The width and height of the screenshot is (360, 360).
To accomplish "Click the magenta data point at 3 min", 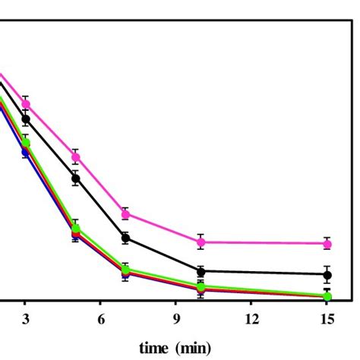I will pos(26,103).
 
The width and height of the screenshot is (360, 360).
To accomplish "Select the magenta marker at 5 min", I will pos(76,157).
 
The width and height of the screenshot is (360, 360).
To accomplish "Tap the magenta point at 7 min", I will pos(126,213).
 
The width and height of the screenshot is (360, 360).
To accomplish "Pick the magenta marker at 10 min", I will pos(201,242).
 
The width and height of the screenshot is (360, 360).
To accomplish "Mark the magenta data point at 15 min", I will pos(327,243).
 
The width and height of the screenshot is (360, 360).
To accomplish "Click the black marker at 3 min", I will pos(26,119).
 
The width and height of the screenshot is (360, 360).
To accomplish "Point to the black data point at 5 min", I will pos(76,178).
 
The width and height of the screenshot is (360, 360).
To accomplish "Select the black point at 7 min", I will pos(126,238).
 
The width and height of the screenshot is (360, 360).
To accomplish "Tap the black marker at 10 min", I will pos(201,271).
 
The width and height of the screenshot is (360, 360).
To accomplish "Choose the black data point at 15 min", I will pos(327,274).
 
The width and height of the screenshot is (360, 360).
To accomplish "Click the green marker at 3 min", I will pos(26,143).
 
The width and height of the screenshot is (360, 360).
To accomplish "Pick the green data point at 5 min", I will pos(76,228).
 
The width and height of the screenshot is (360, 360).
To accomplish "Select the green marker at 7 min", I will pos(126,269).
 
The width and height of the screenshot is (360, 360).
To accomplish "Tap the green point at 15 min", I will pos(327,295).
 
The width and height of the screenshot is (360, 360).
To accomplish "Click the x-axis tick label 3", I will pos(26,320).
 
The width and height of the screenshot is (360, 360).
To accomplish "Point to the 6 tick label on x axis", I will pos(101,320).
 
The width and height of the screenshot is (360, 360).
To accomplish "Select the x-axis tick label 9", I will pos(176,320).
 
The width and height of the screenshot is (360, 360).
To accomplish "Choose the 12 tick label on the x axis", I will pos(251,320).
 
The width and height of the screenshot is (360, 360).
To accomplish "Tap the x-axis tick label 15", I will pos(327,320).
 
